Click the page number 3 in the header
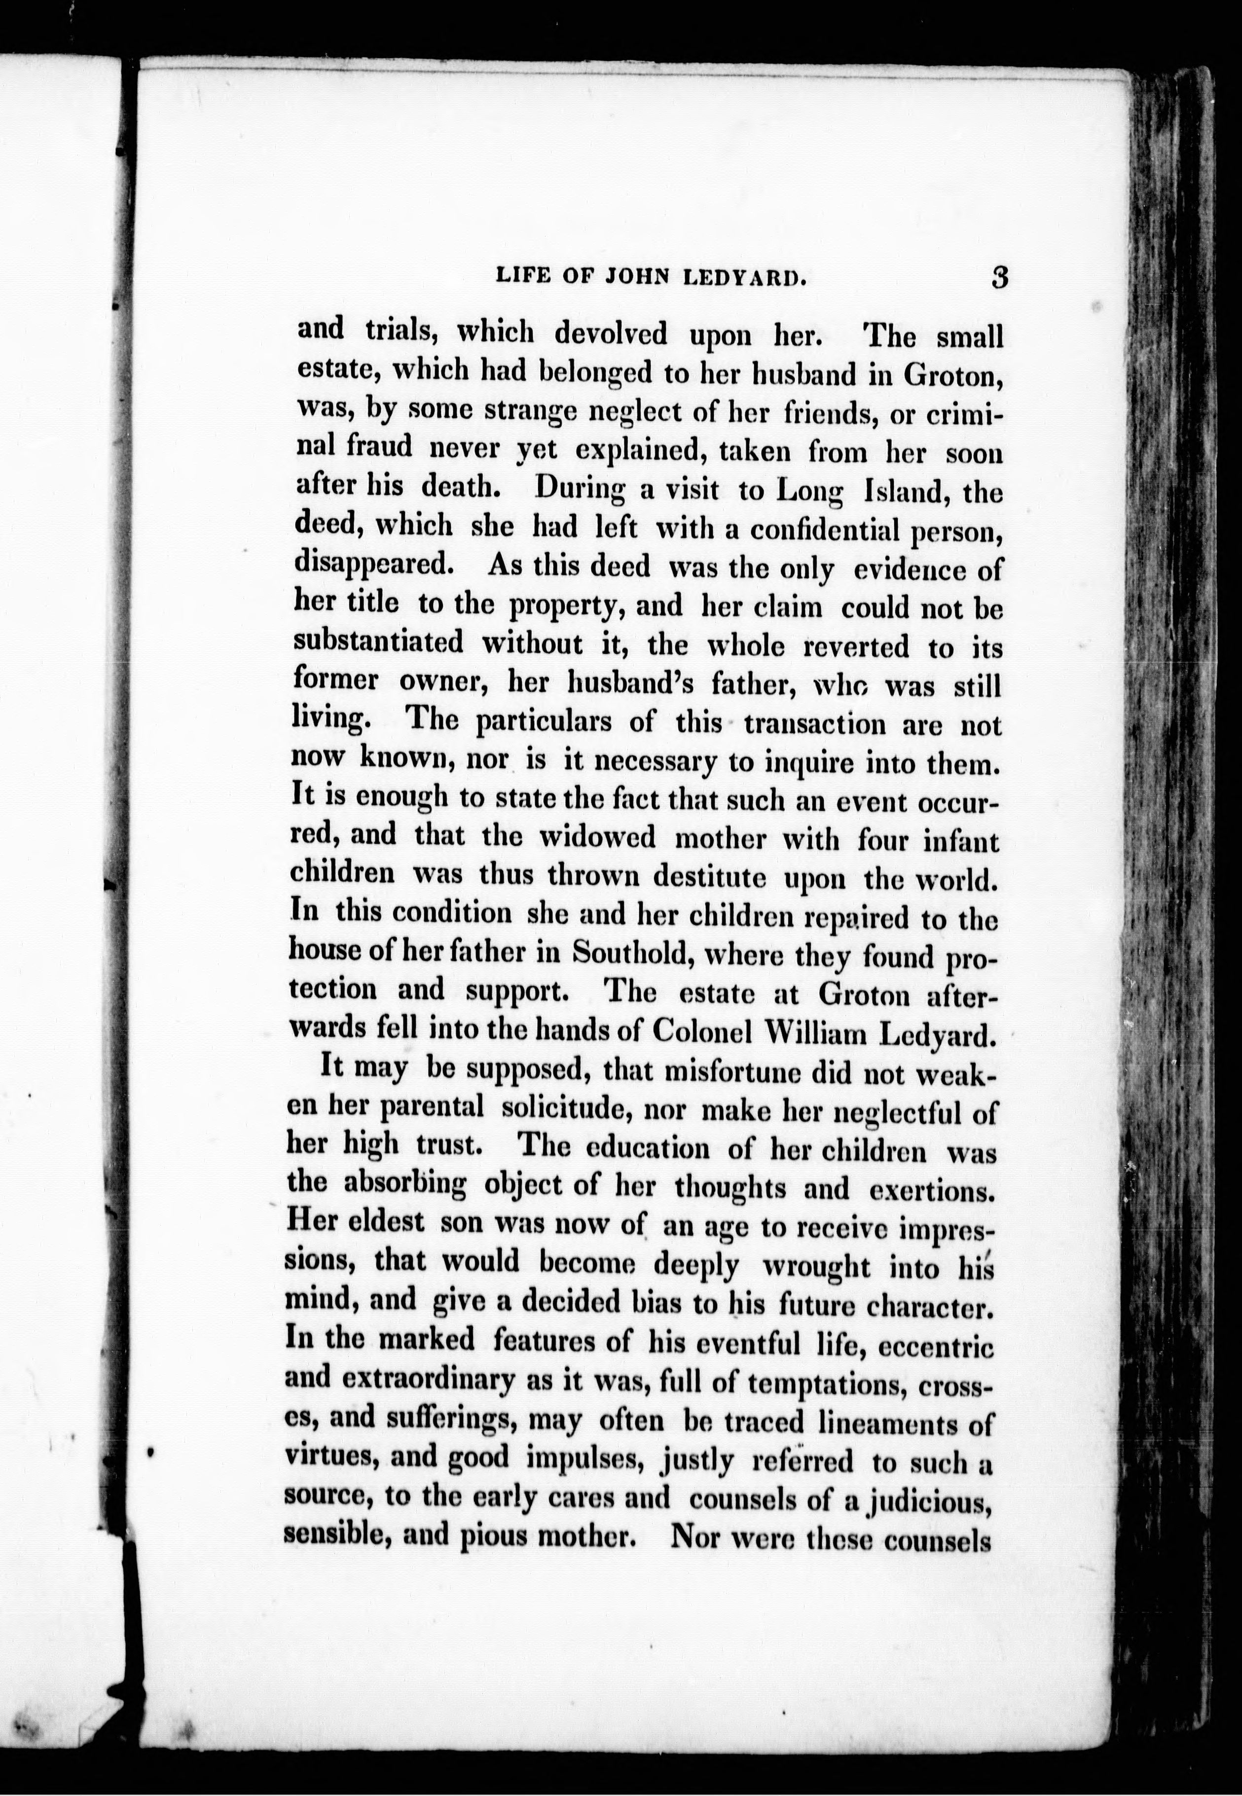coord(1000,277)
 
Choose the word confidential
coord(813,530)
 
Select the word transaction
coord(815,723)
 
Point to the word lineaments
coord(885,1422)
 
